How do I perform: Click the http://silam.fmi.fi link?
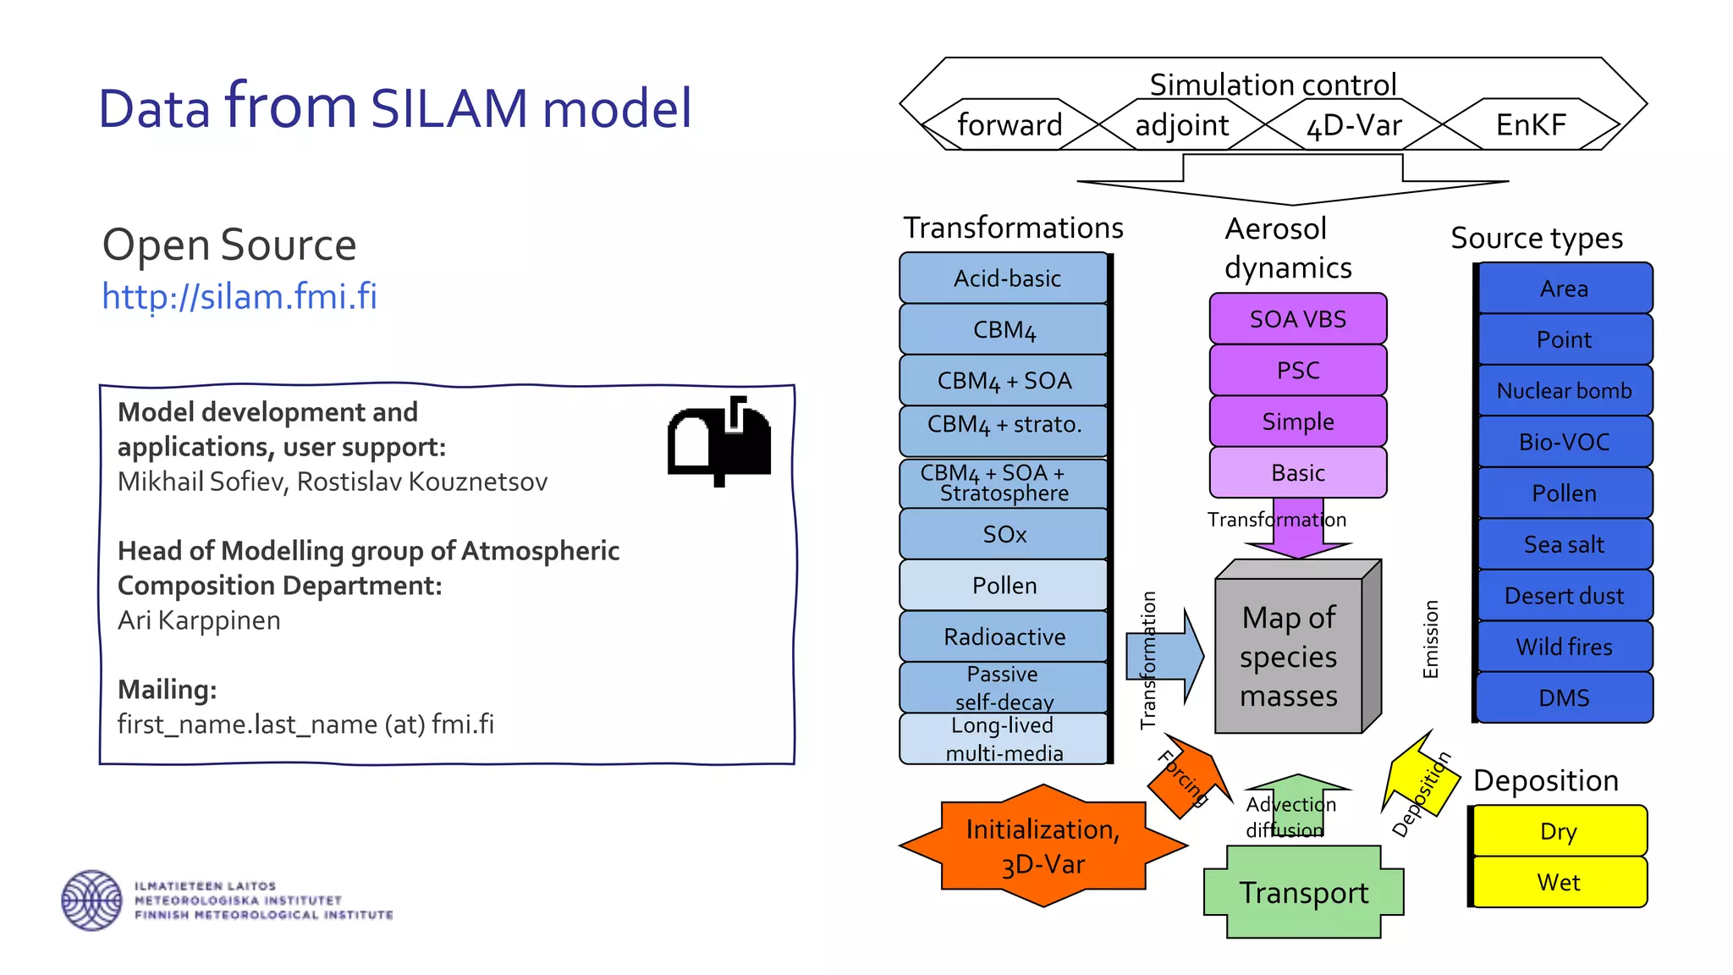coord(239,297)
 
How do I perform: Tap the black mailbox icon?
coord(719,439)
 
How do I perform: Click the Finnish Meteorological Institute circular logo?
coord(91,900)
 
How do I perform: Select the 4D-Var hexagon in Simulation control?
coord(1354,125)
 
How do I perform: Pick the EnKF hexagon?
coord(1531,125)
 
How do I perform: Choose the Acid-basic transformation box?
coord(1005,278)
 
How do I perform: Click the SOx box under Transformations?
coord(1004,534)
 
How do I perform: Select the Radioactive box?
coord(1004,636)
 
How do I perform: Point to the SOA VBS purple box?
coord(1298,319)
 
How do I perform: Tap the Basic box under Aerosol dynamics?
coord(1298,472)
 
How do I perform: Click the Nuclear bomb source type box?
coord(1564,390)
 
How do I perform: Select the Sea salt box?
coord(1564,544)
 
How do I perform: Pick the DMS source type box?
coord(1564,697)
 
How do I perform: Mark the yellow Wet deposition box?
coord(1559,882)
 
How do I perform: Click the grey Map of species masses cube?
coord(1290,656)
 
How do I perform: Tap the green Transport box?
coord(1303,893)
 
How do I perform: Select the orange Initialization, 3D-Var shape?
coord(1043,846)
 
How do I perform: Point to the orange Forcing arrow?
coord(1188,776)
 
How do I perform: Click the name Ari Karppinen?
coord(199,620)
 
